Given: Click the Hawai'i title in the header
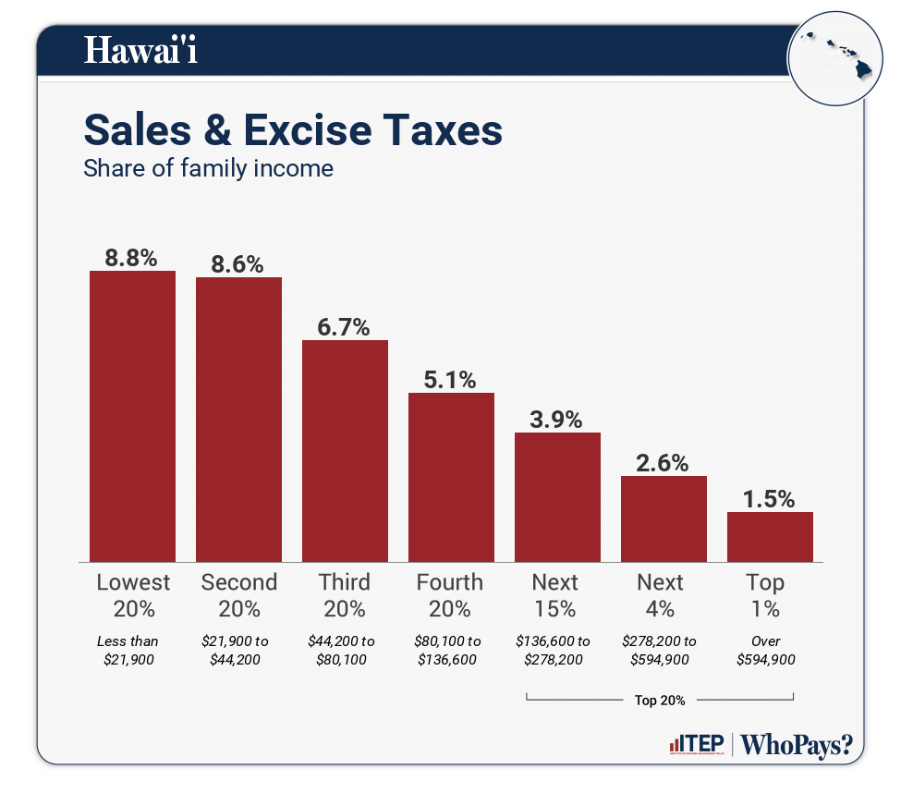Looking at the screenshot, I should pos(140,51).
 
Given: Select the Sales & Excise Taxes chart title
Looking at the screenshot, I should pos(293,130).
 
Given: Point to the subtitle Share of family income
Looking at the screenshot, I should pos(208,169).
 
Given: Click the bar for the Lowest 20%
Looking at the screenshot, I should pos(132,416).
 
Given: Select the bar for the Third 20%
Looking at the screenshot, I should pos(345,451).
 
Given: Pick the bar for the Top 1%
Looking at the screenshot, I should pos(770,537).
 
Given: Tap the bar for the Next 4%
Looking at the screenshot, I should pos(664,518).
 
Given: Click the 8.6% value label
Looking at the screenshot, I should pos(238,263).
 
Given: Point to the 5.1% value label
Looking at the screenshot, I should pos(451,380).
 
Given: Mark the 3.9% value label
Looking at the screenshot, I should pos(557,420).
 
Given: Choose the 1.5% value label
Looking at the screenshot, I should pos(770,499).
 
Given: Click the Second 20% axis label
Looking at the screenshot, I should pos(238,595).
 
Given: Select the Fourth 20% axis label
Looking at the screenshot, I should pos(450,595).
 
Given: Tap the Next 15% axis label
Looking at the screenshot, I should pos(555,595).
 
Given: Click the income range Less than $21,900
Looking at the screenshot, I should pos(128,650).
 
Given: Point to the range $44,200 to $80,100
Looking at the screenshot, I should pos(342,650).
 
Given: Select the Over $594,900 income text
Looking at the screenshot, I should pos(766,650).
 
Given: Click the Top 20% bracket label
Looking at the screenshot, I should pos(660,701).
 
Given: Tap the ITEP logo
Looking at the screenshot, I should pos(697,745).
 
